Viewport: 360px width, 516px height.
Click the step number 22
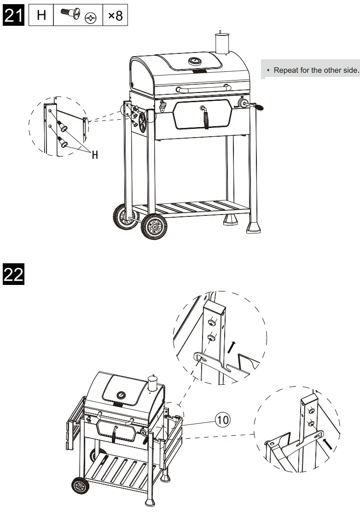(x=14, y=274)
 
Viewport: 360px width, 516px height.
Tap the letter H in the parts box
(x=41, y=15)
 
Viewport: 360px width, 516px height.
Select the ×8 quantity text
(x=115, y=15)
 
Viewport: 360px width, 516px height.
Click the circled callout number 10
(x=222, y=419)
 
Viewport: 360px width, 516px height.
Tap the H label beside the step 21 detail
(x=95, y=155)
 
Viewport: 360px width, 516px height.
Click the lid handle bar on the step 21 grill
(x=203, y=87)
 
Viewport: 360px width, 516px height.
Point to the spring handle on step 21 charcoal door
(x=206, y=118)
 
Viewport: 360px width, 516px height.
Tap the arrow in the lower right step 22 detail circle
(x=328, y=443)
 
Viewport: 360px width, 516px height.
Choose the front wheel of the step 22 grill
(x=81, y=486)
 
